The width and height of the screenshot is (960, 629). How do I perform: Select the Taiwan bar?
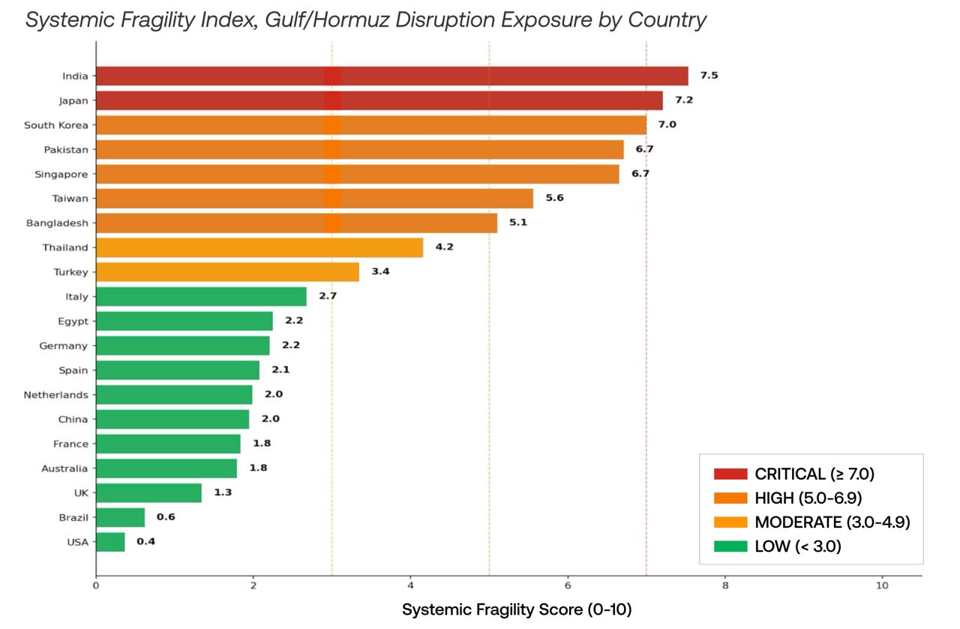314,199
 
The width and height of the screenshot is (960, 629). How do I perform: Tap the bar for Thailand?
259,247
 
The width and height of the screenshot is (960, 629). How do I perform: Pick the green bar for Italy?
201,297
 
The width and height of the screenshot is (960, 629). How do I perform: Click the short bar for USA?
110,542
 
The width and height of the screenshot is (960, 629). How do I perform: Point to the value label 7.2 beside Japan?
683,100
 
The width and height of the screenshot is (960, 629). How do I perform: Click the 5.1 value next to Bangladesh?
517,223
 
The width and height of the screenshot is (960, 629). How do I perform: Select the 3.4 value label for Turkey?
380,271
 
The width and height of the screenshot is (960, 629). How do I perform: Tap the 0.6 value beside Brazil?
165,517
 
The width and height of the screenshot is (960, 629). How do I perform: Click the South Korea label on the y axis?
55,125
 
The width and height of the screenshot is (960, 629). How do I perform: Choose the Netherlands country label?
55,395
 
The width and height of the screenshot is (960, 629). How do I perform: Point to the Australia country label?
64,469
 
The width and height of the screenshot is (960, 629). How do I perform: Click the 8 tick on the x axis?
725,586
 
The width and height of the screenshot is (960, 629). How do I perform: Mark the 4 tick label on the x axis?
410,586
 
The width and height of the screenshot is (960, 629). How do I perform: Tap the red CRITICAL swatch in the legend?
730,474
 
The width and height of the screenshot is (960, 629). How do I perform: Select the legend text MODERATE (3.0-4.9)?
832,523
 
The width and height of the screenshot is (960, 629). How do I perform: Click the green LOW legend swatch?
730,547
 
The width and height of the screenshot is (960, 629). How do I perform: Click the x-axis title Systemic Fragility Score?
517,610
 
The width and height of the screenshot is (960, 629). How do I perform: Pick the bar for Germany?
182,346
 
